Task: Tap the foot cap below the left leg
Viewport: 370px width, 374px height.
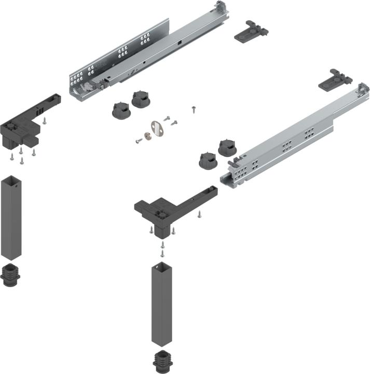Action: click(x=12, y=275)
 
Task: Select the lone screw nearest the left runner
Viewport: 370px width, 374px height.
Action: click(x=193, y=109)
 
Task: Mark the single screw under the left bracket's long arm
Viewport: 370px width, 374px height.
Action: click(x=45, y=121)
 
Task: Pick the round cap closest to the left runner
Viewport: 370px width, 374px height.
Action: click(x=141, y=98)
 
